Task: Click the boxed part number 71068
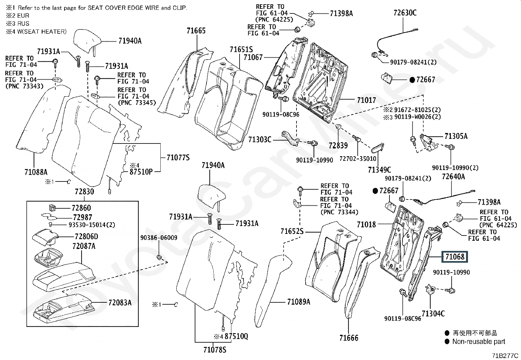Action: click(x=455, y=256)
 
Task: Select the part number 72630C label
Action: click(x=405, y=12)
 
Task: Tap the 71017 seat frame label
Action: click(x=367, y=100)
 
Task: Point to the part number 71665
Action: click(x=196, y=30)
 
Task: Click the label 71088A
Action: click(x=36, y=172)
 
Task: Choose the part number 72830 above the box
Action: click(x=84, y=191)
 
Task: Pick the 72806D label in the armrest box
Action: click(x=86, y=237)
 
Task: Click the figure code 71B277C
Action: click(x=505, y=355)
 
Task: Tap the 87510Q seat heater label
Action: click(x=236, y=336)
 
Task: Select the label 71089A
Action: click(x=299, y=302)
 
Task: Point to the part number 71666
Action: click(x=349, y=338)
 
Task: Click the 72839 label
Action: click(x=338, y=145)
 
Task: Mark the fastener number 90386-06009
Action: click(x=159, y=237)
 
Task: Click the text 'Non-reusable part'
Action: click(x=479, y=342)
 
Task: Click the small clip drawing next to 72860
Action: click(x=52, y=207)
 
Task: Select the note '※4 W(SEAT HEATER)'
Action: click(x=36, y=31)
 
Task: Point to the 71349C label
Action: click(x=379, y=170)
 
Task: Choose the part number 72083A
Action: click(x=120, y=302)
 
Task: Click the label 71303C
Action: click(x=260, y=140)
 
